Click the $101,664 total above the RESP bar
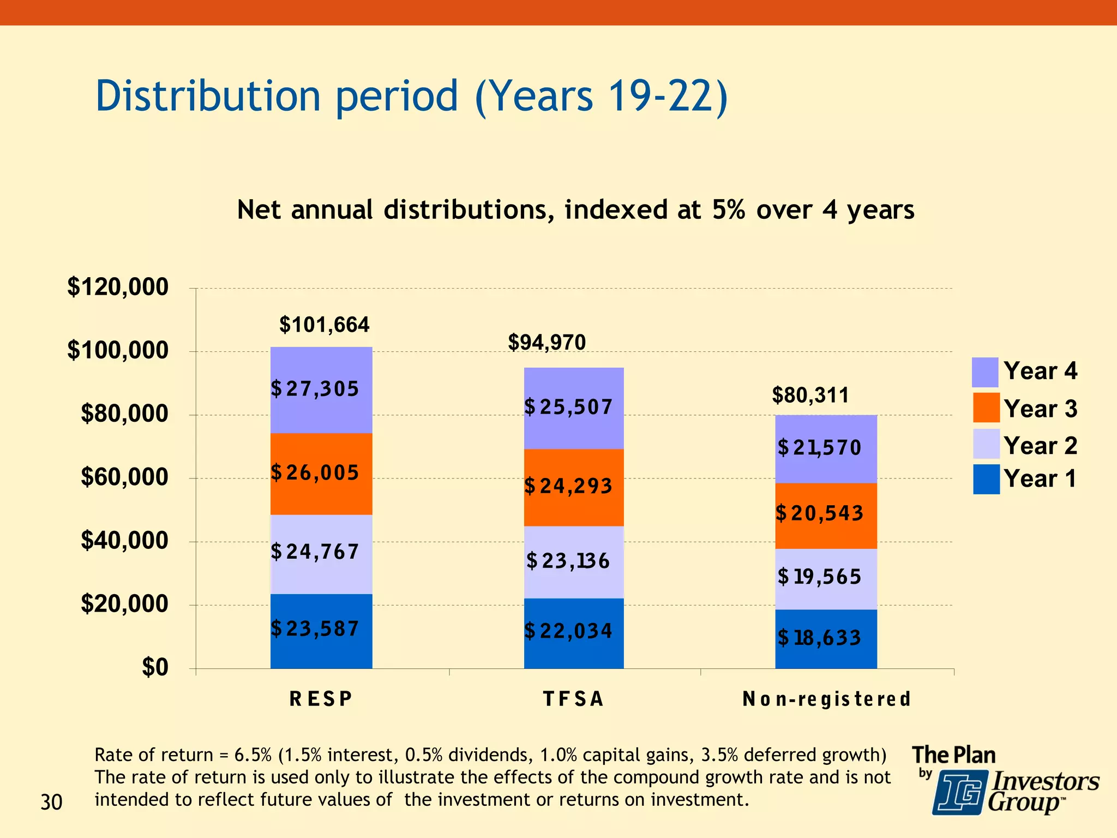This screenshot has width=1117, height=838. click(324, 325)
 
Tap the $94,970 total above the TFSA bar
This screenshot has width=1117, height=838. click(547, 343)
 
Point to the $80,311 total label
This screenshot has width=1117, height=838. click(810, 395)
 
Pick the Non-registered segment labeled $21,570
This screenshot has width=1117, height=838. click(826, 448)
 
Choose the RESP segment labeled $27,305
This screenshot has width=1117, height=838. click(321, 390)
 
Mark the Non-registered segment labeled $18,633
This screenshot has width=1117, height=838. click(826, 638)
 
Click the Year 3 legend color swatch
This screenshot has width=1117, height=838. click(986, 408)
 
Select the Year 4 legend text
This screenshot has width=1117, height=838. click(1040, 371)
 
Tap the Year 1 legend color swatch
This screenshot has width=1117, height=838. click(986, 479)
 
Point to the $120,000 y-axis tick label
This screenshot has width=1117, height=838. click(118, 287)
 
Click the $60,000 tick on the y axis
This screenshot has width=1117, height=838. click(124, 477)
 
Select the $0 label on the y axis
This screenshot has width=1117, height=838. click(155, 667)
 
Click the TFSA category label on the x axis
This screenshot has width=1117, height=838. click(573, 699)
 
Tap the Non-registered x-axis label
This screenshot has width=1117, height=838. click(826, 699)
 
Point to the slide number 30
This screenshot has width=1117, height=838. click(51, 803)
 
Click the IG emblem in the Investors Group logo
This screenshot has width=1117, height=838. click(959, 792)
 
